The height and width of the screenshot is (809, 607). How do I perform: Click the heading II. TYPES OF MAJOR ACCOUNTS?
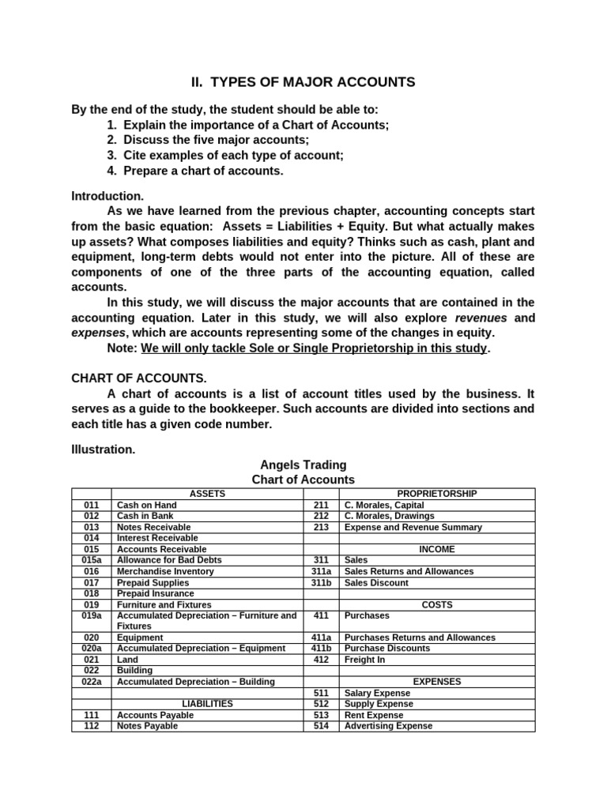303,82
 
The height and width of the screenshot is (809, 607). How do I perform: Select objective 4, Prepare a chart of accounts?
194,171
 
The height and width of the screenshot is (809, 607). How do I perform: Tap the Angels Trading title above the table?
303,465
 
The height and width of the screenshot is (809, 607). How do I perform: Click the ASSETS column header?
207,494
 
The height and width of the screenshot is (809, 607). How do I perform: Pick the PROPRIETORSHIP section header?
437,494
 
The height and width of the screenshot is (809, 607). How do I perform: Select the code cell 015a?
92,560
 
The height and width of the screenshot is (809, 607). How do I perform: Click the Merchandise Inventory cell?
165,571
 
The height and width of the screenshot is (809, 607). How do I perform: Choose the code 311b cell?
321,582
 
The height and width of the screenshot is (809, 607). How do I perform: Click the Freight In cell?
365,659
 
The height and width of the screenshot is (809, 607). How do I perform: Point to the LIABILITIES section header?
207,703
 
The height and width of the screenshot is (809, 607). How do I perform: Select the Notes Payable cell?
147,725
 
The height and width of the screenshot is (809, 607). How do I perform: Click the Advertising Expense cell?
388,725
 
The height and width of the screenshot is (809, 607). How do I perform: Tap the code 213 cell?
321,527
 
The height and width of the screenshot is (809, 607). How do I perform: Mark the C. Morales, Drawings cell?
389,516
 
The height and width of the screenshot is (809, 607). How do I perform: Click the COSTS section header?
437,604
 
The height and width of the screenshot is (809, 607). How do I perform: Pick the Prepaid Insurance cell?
155,593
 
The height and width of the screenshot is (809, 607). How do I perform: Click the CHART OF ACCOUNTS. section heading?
139,378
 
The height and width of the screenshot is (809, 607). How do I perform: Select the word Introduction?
107,195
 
